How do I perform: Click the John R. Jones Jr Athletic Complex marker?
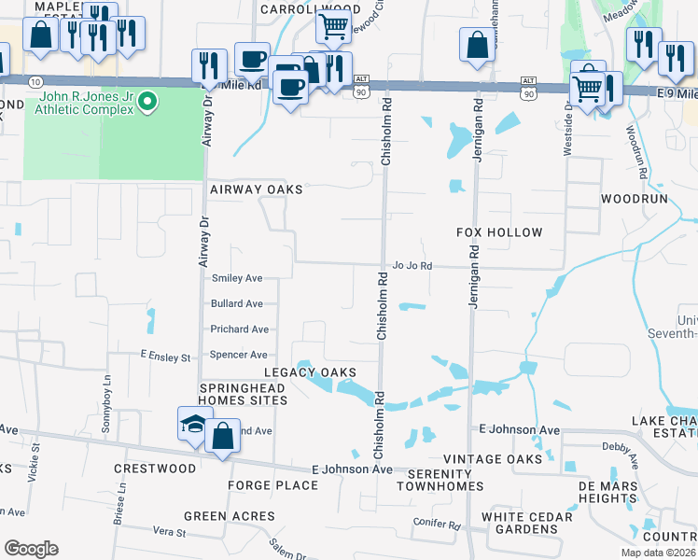147,102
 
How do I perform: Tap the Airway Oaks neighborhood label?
256,189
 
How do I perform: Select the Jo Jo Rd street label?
412,265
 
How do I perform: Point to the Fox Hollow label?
499,231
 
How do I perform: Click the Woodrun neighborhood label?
636,200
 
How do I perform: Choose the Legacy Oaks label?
310,372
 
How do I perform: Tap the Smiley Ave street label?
237,278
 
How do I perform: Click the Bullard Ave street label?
237,303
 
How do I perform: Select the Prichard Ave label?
239,329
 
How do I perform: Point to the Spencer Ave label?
239,355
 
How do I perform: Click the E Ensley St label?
165,357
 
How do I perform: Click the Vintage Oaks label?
493,459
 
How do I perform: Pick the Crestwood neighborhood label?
155,469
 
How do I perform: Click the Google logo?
31,549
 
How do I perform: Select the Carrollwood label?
297,8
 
